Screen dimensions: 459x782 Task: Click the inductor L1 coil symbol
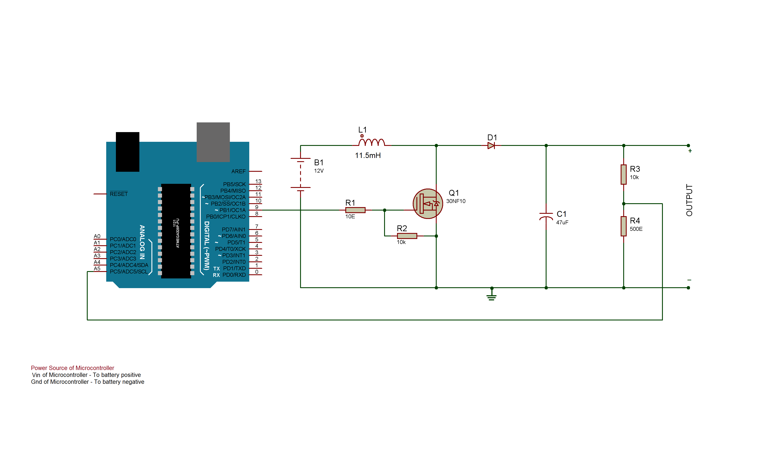point(371,143)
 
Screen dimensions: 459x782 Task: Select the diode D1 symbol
point(491,145)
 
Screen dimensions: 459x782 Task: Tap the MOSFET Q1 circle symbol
point(428,204)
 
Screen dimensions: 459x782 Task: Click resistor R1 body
point(355,210)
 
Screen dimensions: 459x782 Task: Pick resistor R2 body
point(407,236)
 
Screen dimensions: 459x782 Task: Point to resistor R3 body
point(623,174)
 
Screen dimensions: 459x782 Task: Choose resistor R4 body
point(623,226)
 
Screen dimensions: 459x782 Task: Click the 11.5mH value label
point(368,156)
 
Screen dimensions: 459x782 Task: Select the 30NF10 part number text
point(456,201)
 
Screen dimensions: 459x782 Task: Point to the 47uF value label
point(562,223)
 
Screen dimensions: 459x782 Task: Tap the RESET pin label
point(118,194)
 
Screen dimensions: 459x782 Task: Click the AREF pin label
point(238,171)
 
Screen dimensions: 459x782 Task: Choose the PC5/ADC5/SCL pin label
point(129,272)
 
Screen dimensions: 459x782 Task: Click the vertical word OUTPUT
point(689,200)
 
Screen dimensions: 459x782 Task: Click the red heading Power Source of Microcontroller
point(72,368)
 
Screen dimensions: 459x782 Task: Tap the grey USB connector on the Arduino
point(213,142)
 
